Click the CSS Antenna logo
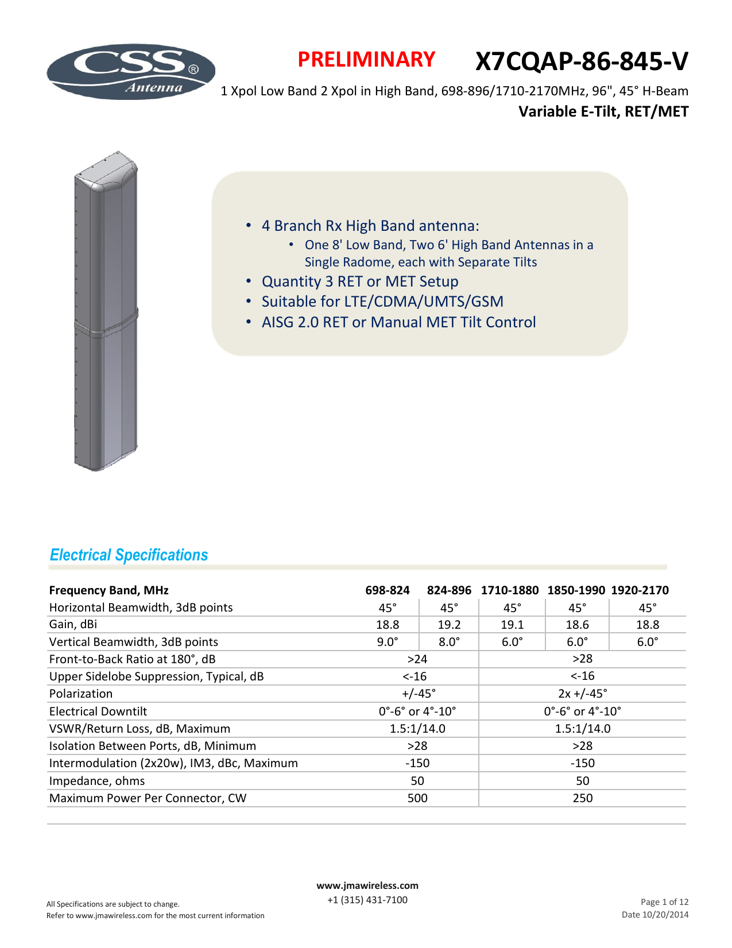coord(131,72)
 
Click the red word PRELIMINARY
coord(366,60)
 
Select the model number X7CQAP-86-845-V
coord(581,61)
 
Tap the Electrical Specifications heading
coord(129,555)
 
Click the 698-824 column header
coord(388,590)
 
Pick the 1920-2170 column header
coord(640,590)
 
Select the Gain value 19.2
coord(449,625)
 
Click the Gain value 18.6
coord(577,625)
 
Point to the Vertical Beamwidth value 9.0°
coord(388,642)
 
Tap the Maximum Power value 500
coord(417,798)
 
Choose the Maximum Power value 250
coord(582,798)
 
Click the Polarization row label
coord(81,694)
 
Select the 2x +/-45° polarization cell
coord(582,694)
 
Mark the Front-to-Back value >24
coord(417,659)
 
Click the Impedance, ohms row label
coord(97,781)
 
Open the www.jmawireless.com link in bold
coord(367,885)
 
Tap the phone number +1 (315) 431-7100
coord(367,900)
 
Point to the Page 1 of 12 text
coord(664,902)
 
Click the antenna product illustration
coord(106,313)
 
